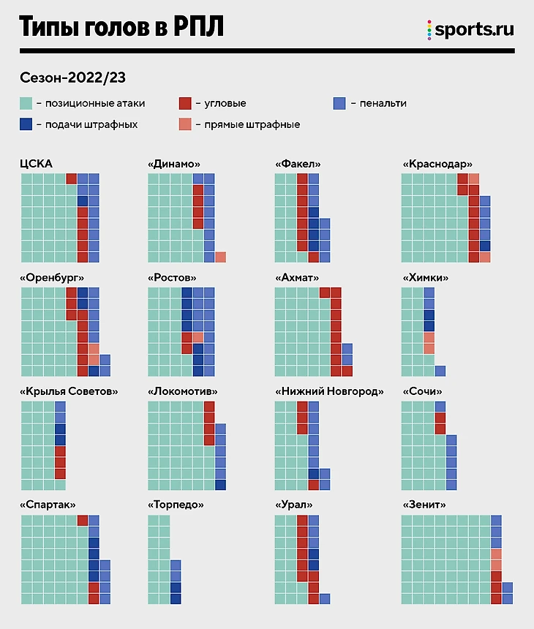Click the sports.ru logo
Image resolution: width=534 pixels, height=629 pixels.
tap(470, 30)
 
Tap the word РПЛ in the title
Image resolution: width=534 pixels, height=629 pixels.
tap(197, 27)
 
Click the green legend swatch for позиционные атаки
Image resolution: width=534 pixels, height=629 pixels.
tap(26, 103)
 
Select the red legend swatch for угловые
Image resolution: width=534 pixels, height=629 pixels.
tap(185, 103)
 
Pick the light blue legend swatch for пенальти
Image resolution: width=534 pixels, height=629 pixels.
tap(339, 103)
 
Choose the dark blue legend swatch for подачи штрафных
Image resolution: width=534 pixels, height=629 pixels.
tap(26, 124)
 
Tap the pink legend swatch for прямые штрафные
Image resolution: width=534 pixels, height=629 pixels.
tap(185, 124)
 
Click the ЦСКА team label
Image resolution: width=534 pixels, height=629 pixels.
tap(36, 164)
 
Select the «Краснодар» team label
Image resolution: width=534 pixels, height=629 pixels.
tap(437, 164)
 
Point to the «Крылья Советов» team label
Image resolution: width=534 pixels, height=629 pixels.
tap(69, 391)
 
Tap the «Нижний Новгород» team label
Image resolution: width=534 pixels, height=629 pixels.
tap(329, 391)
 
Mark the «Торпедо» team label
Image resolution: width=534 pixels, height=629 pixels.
tap(176, 505)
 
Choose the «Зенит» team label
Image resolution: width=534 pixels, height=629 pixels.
tap(424, 505)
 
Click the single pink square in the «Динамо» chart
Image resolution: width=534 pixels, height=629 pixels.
tap(220, 257)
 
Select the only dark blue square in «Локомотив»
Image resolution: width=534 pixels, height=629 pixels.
tap(220, 484)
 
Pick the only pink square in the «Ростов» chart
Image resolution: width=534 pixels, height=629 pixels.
tap(198, 337)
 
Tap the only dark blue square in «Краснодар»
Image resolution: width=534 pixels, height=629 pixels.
tap(484, 246)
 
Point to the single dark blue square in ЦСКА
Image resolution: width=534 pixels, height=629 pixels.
tap(83, 201)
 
